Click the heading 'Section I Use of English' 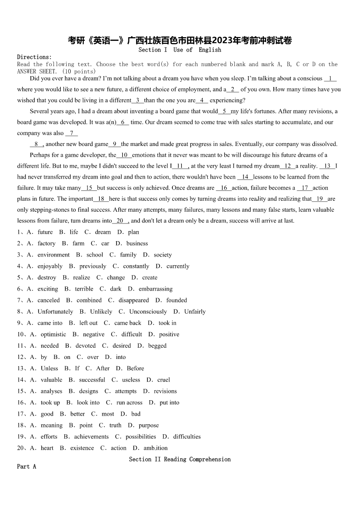tap(180, 50)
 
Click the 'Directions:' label tap(34, 57)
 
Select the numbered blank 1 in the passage tap(331, 78)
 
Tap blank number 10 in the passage tap(124, 155)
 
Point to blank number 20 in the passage tap(120, 221)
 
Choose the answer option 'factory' tap(46, 243)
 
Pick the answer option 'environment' tap(54, 255)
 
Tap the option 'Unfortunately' tap(55, 311)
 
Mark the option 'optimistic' tap(53, 334)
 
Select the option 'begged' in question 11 tap(157, 346)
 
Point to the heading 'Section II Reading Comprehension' tap(180, 460)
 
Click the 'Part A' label tap(26, 466)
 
